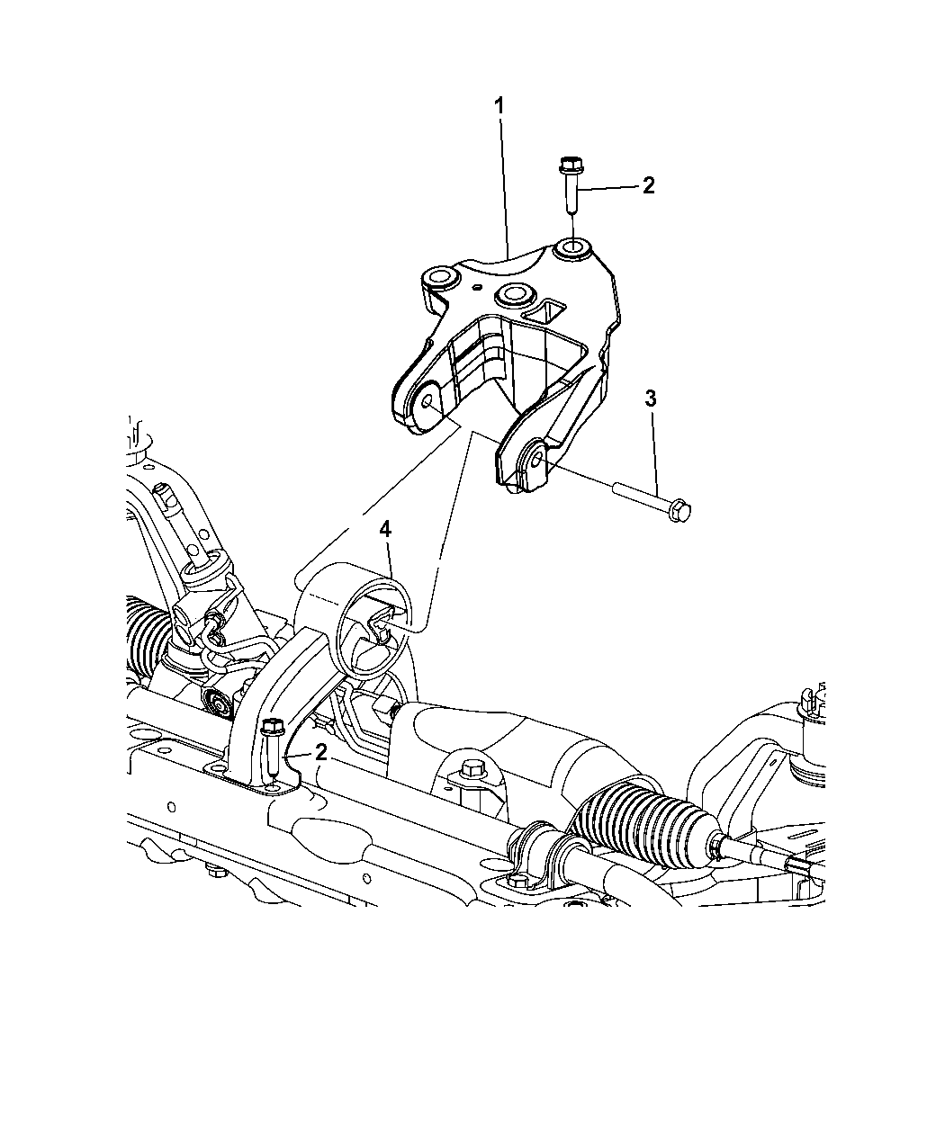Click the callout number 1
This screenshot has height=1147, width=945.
pyautogui.click(x=499, y=106)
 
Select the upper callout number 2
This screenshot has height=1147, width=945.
pyautogui.click(x=649, y=185)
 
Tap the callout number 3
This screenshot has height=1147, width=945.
pyautogui.click(x=651, y=399)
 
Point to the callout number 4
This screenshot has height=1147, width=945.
pyautogui.click(x=385, y=530)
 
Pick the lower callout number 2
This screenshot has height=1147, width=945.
pyautogui.click(x=321, y=753)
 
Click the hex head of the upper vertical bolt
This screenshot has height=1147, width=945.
pyautogui.click(x=571, y=165)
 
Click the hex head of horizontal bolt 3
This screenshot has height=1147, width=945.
pyautogui.click(x=680, y=510)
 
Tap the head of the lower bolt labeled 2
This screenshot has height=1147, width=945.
pyautogui.click(x=273, y=727)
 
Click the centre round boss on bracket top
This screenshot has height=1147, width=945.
pyautogui.click(x=513, y=295)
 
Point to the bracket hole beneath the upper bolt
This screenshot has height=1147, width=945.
pyautogui.click(x=571, y=250)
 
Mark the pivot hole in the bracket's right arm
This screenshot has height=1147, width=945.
pyautogui.click(x=536, y=456)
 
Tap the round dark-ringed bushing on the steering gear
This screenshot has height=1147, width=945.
pyautogui.click(x=219, y=703)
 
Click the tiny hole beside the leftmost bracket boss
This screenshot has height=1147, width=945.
pyautogui.click(x=477, y=286)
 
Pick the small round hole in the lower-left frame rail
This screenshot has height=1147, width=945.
pyautogui.click(x=172, y=807)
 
